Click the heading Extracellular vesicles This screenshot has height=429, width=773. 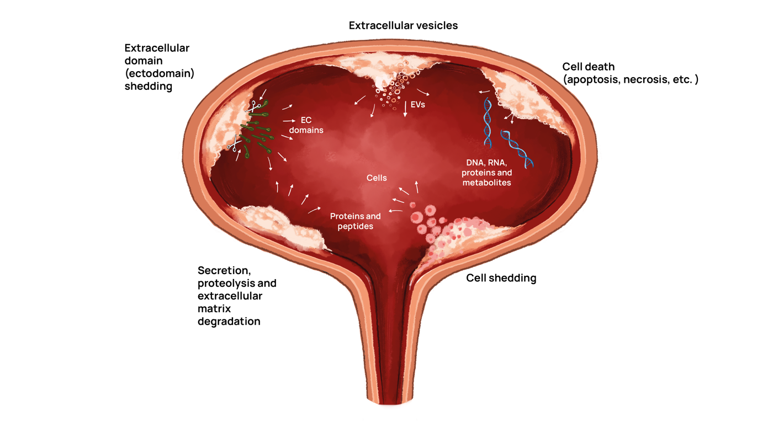(x=403, y=25)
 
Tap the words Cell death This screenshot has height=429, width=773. (x=588, y=67)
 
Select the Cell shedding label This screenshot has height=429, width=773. (x=501, y=278)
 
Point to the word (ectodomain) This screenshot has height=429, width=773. (x=160, y=73)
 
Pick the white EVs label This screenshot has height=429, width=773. (x=418, y=104)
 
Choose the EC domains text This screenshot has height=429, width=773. (x=306, y=125)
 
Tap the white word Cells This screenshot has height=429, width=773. (x=377, y=178)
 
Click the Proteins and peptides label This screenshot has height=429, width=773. (x=356, y=221)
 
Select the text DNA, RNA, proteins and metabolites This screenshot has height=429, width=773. (x=486, y=172)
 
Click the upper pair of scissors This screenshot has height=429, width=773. (x=255, y=106)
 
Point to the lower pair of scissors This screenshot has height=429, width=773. (x=235, y=145)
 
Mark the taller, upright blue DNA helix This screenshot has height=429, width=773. (x=488, y=122)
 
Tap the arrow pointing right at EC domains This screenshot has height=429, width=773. (x=289, y=120)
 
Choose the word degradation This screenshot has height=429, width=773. (x=229, y=321)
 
